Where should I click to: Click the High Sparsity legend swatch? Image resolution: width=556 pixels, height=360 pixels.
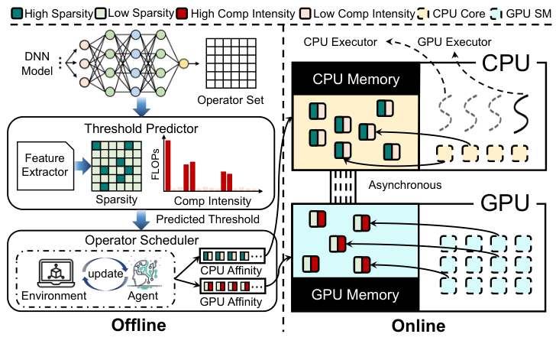click(17, 14)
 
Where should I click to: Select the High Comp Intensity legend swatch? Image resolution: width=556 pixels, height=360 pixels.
click(182, 14)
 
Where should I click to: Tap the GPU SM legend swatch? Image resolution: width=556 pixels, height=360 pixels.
click(496, 14)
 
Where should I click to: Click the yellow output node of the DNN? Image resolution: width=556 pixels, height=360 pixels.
click(183, 63)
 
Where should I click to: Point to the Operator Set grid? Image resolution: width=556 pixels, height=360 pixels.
click(231, 63)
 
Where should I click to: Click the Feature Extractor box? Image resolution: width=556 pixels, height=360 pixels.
click(45, 166)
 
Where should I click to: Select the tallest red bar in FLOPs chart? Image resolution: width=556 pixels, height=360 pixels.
click(168, 165)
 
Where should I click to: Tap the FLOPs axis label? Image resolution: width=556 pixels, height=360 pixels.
click(155, 164)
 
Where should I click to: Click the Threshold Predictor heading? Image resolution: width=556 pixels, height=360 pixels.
click(141, 128)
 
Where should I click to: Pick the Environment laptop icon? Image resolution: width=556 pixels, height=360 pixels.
click(56, 274)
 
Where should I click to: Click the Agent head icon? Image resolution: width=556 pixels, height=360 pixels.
click(144, 273)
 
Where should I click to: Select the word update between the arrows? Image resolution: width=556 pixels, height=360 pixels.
click(105, 274)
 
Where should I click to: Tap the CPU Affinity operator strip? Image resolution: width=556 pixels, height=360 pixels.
click(232, 255)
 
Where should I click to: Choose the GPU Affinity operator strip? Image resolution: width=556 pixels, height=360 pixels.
click(232, 286)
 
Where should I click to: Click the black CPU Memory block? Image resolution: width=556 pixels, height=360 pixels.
click(355, 79)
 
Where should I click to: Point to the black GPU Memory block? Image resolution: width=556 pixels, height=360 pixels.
click(355, 295)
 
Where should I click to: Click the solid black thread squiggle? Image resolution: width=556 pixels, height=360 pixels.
click(521, 114)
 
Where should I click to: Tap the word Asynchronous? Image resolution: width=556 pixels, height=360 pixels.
click(405, 185)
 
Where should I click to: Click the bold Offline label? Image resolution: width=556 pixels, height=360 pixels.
click(139, 325)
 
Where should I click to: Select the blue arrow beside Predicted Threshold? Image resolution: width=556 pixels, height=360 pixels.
click(141, 220)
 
